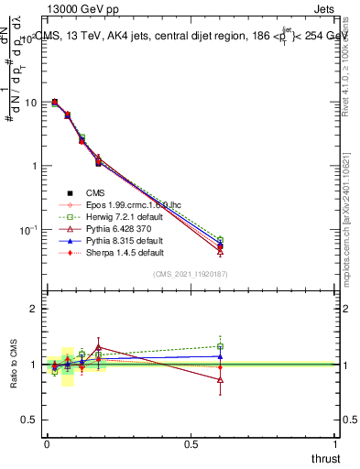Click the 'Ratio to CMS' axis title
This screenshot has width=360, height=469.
tap(13, 365)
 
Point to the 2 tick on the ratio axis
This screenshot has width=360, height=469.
tap(32, 310)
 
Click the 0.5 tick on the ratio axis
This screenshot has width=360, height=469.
tap(29, 420)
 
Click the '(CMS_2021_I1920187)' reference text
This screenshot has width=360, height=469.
tap(191, 275)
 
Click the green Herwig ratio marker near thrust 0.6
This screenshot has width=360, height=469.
tap(220, 346)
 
